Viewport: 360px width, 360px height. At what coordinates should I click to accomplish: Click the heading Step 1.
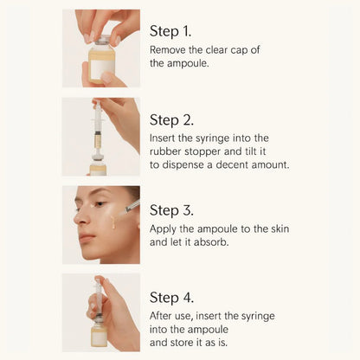point(177,31)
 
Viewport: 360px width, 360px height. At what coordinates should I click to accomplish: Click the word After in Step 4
point(164,318)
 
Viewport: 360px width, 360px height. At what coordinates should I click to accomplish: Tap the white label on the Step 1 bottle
point(102,67)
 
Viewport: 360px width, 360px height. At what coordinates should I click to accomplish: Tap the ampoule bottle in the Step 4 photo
point(100,333)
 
